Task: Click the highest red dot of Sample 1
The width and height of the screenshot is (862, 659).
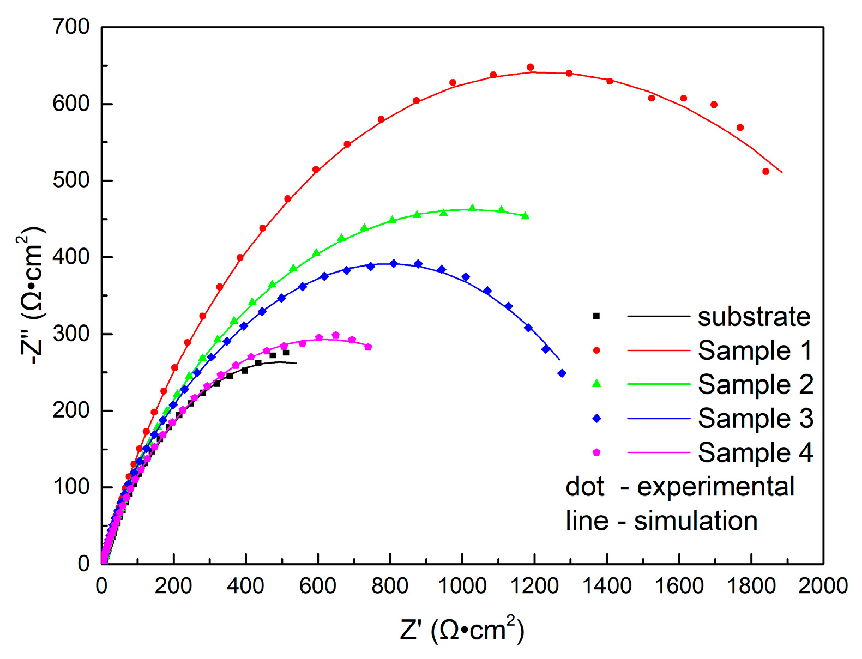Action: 530,68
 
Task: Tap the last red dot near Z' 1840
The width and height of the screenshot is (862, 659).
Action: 765,172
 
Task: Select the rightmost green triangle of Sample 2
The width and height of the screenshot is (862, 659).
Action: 525,216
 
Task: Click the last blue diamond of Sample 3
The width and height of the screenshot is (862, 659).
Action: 562,373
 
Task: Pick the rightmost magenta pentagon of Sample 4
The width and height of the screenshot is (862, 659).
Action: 368,347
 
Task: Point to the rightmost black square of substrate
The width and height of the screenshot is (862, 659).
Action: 286,353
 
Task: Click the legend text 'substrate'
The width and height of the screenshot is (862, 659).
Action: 754,317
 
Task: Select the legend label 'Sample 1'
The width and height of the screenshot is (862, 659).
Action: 755,350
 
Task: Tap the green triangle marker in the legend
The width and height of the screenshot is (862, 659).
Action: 596,384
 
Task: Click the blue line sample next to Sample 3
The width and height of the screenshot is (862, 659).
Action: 659,419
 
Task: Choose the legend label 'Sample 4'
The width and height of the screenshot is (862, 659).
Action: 755,453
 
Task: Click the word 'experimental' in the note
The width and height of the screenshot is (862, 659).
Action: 715,487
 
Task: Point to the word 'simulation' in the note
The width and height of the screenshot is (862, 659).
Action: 695,521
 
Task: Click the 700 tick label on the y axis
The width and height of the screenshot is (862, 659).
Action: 71,27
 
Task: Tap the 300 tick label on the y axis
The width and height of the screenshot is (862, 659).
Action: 71,334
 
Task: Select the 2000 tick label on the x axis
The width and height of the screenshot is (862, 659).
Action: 823,587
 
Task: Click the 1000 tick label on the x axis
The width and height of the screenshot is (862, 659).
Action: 462,587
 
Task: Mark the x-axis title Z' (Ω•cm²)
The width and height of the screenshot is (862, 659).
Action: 462,630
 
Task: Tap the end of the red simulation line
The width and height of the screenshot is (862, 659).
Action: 782,173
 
